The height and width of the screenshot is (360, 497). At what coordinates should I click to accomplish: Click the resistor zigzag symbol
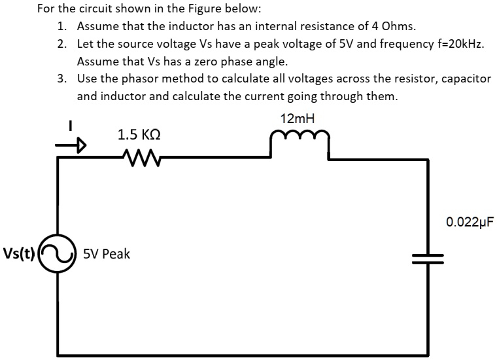coord(139,156)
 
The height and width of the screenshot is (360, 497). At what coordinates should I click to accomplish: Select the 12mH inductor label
coord(296,119)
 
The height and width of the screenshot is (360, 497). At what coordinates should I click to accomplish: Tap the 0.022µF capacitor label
coord(468,222)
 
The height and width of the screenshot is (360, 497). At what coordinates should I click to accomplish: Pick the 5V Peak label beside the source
coord(106,254)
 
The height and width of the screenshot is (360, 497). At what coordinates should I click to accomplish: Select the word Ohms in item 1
coord(398,27)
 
